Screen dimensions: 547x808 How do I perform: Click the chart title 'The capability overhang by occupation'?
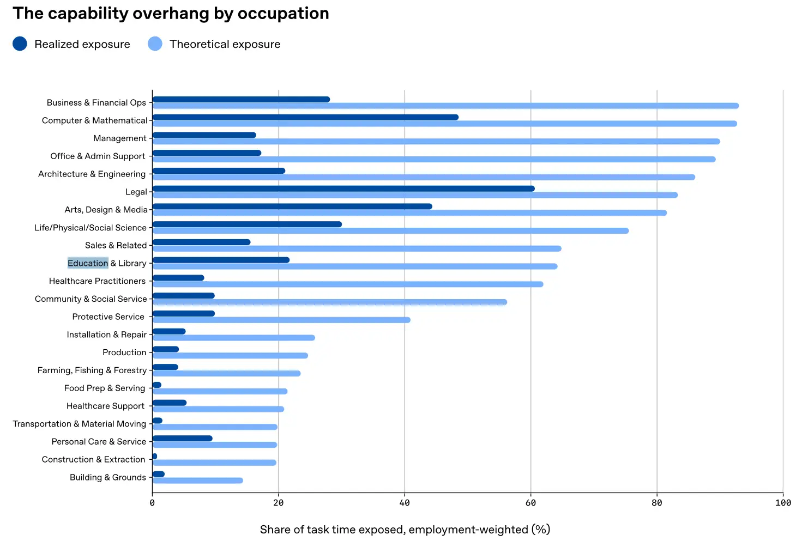171,14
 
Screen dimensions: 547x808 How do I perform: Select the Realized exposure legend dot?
20,44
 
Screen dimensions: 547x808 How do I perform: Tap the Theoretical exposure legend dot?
155,44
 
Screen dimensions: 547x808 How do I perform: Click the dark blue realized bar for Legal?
343,189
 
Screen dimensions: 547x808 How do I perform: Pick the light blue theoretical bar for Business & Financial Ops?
445,106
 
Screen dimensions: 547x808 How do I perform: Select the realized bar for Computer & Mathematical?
305,117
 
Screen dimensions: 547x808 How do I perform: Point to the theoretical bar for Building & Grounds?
197,481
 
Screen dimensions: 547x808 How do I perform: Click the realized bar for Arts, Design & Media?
292,206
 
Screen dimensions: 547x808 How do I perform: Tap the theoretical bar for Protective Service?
281,320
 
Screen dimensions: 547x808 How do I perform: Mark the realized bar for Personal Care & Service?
182,438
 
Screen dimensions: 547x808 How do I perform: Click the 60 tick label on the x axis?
530,503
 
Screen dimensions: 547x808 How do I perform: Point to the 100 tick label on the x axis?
782,503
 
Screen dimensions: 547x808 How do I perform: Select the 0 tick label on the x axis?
152,503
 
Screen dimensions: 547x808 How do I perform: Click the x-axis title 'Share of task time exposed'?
405,530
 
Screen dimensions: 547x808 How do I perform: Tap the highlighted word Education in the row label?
88,263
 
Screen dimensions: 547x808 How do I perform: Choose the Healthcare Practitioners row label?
97,281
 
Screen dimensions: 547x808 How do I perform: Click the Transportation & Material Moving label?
80,424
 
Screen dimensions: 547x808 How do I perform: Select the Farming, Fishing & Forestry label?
92,370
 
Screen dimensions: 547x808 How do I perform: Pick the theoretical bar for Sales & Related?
357,248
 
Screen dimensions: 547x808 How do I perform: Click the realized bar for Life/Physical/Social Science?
246,224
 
